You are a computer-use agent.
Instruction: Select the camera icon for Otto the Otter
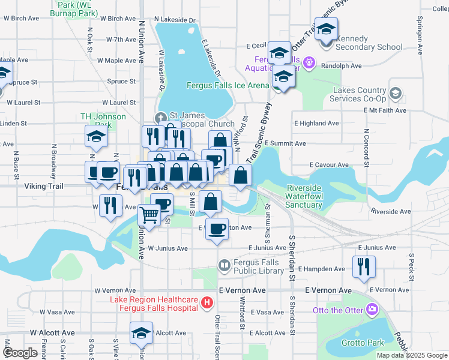[x=373, y=310]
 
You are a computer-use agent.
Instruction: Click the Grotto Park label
[x=363, y=343]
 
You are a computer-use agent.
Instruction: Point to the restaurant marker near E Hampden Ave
[x=364, y=266]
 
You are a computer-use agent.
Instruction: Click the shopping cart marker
[x=149, y=215]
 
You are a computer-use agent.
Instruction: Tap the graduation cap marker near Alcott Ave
[x=142, y=333]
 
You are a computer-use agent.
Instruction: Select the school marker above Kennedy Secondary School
[x=327, y=29]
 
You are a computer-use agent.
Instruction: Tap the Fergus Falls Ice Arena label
[x=228, y=85]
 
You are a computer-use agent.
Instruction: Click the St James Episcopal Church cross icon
[x=161, y=116]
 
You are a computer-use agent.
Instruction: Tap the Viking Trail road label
[x=43, y=186]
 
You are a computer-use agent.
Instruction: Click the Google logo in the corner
[x=20, y=353]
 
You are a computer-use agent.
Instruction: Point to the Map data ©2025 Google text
[x=412, y=355]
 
